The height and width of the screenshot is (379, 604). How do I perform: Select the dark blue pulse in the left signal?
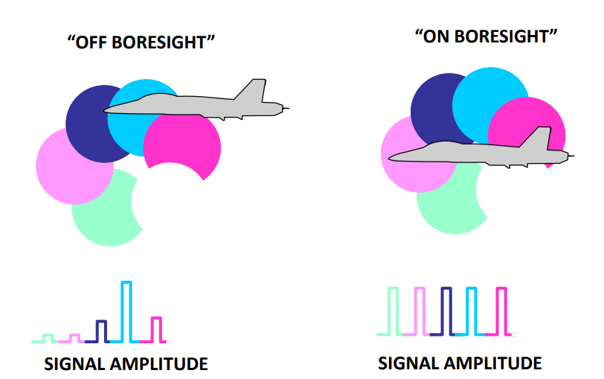pyautogui.click(x=101, y=331)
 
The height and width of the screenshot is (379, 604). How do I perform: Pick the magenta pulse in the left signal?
pyautogui.click(x=156, y=328)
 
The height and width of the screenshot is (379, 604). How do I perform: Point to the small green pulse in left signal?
pyautogui.click(x=47, y=338)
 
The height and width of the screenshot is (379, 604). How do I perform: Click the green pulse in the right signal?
pyautogui.click(x=393, y=311)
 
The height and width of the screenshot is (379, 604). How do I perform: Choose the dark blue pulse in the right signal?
pyautogui.click(x=446, y=311)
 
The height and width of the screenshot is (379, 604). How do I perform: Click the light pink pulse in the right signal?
pyautogui.click(x=420, y=311)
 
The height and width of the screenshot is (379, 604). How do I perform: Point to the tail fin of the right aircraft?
pyautogui.click(x=541, y=138)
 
